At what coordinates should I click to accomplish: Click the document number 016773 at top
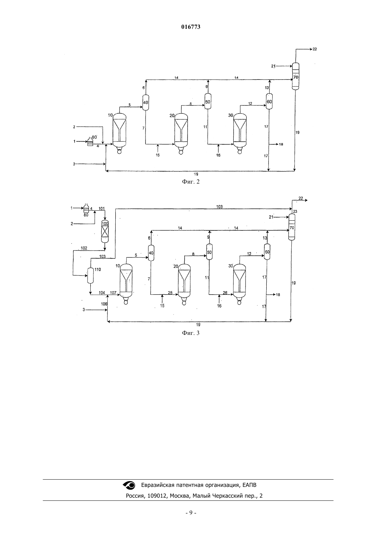pos(191,27)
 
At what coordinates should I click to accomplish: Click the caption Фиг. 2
pos(191,182)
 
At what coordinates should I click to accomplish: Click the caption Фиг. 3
pos(191,333)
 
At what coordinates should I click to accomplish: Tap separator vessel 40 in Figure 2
pos(146,102)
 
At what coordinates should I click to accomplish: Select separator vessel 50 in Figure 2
pos(208,101)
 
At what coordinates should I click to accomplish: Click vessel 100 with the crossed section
pos(105,231)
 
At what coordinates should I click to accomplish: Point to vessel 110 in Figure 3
pos(90,276)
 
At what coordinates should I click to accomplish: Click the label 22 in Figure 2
pos(315,49)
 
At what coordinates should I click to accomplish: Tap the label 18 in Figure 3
pos(278,295)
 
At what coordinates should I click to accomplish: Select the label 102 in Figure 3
pos(84,248)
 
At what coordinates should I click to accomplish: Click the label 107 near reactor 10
pos(113,293)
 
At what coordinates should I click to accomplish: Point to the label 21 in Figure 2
pos(273,66)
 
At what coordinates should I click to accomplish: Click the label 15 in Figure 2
pos(157,155)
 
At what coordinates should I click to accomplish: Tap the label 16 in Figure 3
pos(219,306)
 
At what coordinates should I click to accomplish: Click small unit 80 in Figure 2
pos(90,142)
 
